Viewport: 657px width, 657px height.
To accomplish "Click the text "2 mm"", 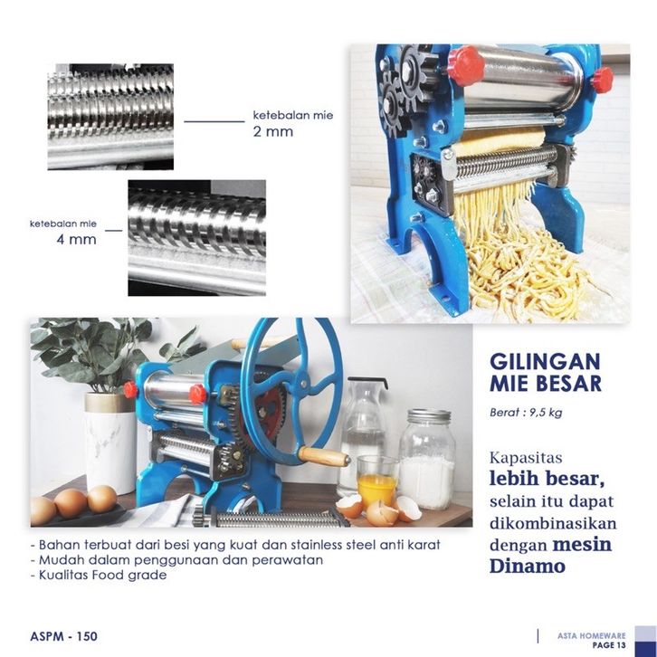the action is point(272,131).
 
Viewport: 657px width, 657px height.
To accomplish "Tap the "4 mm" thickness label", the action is point(76,240).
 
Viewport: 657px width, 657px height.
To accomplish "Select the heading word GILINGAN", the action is point(545,362).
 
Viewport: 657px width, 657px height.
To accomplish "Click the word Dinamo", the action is point(527,567).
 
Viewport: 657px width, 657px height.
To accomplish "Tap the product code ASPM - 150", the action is point(63,636).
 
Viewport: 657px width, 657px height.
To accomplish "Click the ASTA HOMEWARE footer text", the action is point(591,635).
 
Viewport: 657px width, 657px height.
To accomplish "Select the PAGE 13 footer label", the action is point(609,645).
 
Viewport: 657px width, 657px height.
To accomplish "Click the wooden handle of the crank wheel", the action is point(325,456).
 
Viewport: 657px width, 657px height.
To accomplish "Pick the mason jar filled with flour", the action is point(426,459).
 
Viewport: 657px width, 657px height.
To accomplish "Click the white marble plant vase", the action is point(110,443).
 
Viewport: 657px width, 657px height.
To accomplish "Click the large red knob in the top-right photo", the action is point(466,66).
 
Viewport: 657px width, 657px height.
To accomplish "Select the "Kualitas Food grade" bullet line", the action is point(99,575).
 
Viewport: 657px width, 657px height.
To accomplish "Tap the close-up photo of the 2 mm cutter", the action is point(110,117).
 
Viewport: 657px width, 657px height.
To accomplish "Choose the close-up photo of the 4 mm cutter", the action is point(197,238).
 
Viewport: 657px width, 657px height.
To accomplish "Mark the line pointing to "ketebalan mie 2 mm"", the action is point(214,121).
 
